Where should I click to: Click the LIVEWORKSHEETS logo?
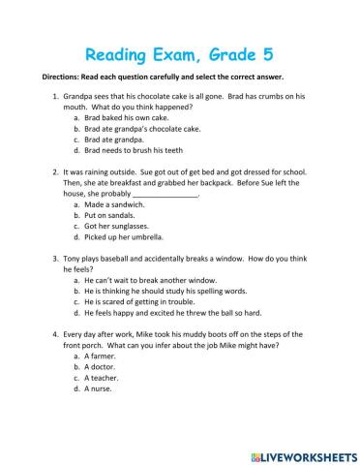click(301, 453)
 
